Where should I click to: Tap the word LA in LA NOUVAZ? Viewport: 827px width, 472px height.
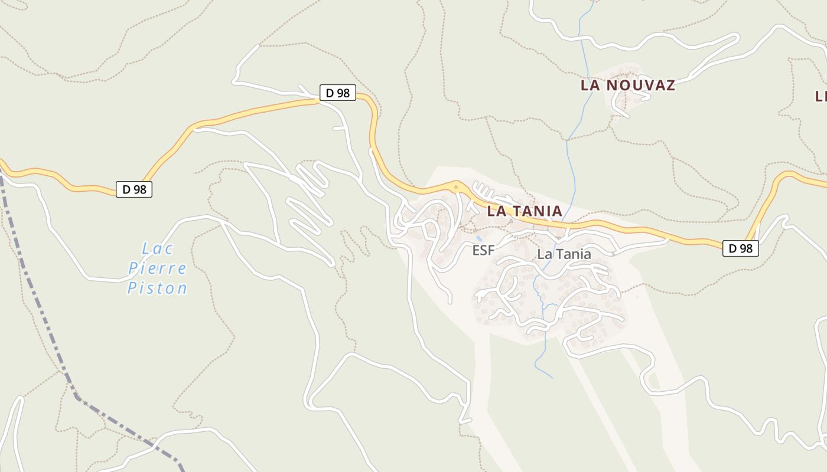click(x=591, y=85)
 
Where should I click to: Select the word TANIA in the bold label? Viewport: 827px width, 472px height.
click(x=535, y=211)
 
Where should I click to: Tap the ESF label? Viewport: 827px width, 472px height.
click(x=483, y=251)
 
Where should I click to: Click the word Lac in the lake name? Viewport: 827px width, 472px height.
click(x=157, y=248)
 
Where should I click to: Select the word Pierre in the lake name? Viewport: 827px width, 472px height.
click(x=157, y=268)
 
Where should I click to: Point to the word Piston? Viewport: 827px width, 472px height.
click(x=157, y=289)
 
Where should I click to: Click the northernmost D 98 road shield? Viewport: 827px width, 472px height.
click(x=338, y=93)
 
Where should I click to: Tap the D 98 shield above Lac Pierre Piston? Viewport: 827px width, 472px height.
click(x=134, y=189)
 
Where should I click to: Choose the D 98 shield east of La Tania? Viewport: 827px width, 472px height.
click(x=741, y=248)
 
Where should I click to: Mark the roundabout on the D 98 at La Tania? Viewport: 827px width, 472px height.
click(x=455, y=188)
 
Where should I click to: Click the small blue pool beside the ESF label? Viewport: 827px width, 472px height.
click(x=479, y=238)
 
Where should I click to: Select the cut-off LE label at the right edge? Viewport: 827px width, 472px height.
click(x=821, y=96)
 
